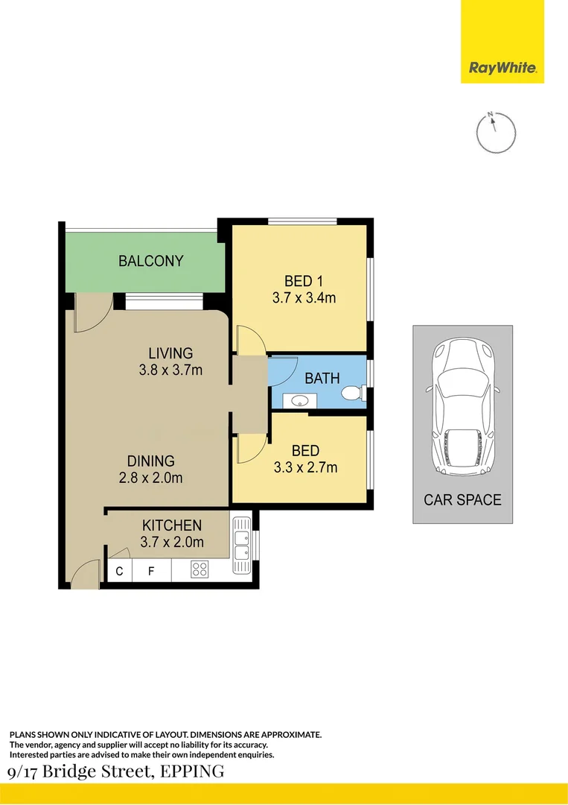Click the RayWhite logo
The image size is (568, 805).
click(x=502, y=68)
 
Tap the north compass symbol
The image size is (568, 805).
click(x=495, y=133)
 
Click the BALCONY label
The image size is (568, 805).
click(x=150, y=262)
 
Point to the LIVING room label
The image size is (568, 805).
click(x=170, y=353)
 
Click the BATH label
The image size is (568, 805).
click(x=322, y=379)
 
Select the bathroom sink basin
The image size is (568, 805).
click(x=299, y=401)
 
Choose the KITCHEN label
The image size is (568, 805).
click(x=172, y=525)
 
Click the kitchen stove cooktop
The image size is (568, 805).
click(x=200, y=569)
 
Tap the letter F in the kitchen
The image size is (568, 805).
click(x=151, y=572)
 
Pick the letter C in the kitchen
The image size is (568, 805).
click(x=119, y=572)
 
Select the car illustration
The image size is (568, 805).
click(x=462, y=408)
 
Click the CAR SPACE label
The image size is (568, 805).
click(x=462, y=500)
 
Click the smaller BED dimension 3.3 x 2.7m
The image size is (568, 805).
click(x=305, y=468)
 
